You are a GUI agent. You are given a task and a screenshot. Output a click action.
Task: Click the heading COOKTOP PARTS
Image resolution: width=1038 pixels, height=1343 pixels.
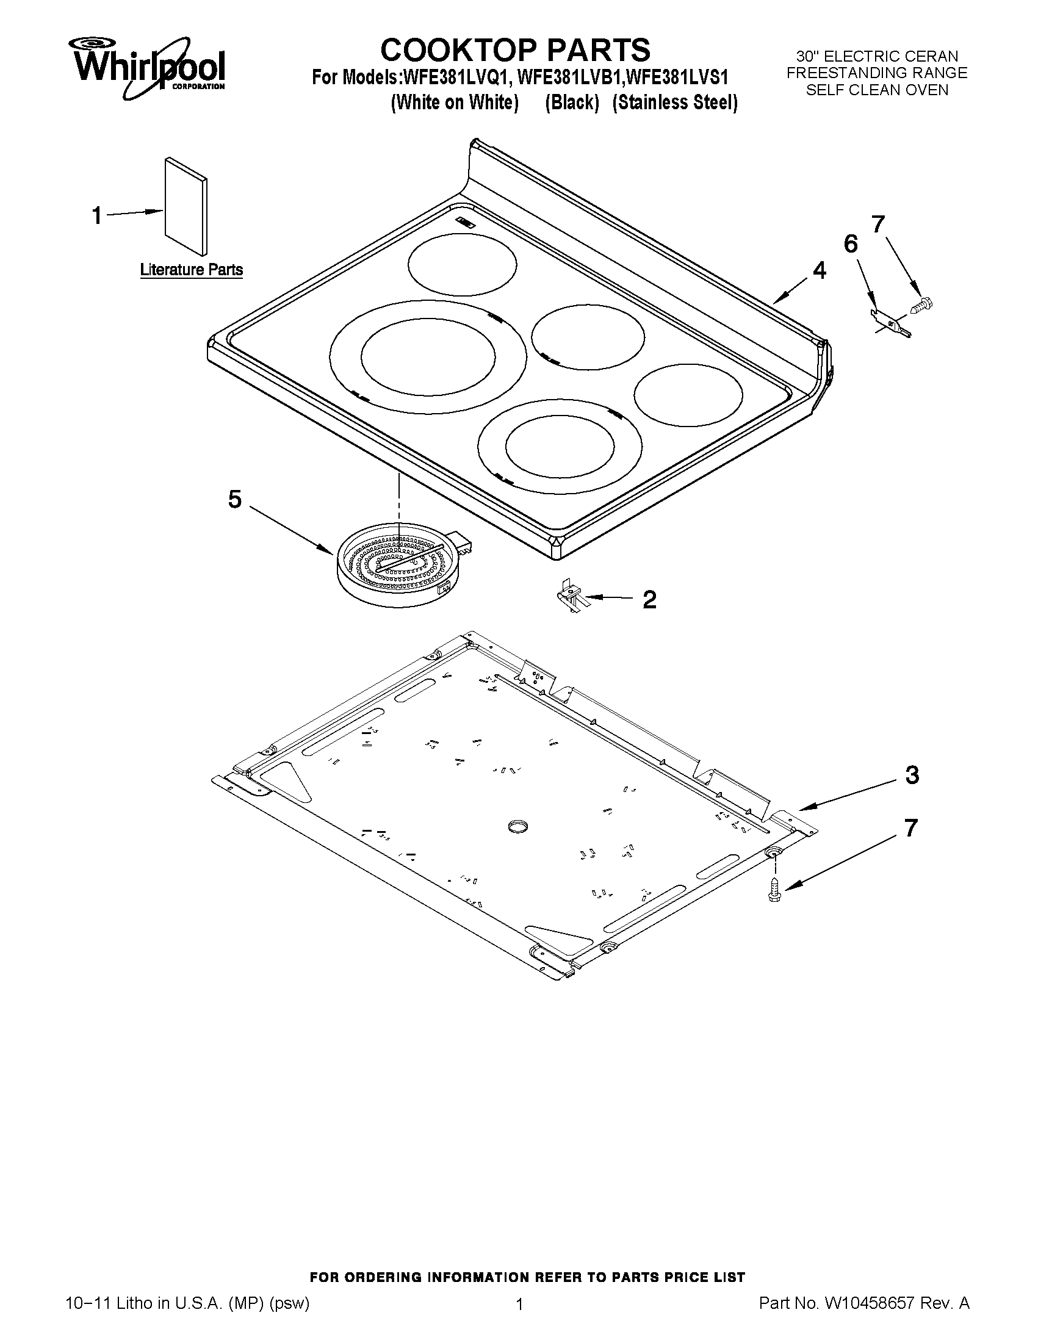pos(514,49)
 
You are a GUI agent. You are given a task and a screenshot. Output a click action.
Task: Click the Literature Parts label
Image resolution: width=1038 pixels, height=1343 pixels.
pos(191,270)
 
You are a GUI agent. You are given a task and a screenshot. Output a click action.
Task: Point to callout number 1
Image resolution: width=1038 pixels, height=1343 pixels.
pos(97,216)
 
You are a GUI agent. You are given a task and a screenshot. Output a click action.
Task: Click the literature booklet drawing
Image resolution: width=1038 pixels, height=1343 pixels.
pos(186,206)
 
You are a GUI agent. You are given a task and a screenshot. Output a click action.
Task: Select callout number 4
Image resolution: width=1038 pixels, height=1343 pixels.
pos(819,270)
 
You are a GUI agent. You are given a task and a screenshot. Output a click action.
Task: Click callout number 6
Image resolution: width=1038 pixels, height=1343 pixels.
pos(851,244)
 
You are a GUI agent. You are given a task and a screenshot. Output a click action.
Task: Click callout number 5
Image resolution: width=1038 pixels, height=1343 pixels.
pos(234,499)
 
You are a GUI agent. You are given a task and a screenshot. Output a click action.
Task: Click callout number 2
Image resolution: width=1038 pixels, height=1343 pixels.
pos(649,599)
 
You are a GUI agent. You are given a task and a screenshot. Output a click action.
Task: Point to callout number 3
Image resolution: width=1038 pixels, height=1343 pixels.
pos(912,776)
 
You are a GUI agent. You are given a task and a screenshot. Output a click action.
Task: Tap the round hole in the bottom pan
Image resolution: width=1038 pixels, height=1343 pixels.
pos(518,826)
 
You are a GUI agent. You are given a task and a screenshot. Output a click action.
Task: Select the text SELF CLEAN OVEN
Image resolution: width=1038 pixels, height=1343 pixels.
pos(877,90)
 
